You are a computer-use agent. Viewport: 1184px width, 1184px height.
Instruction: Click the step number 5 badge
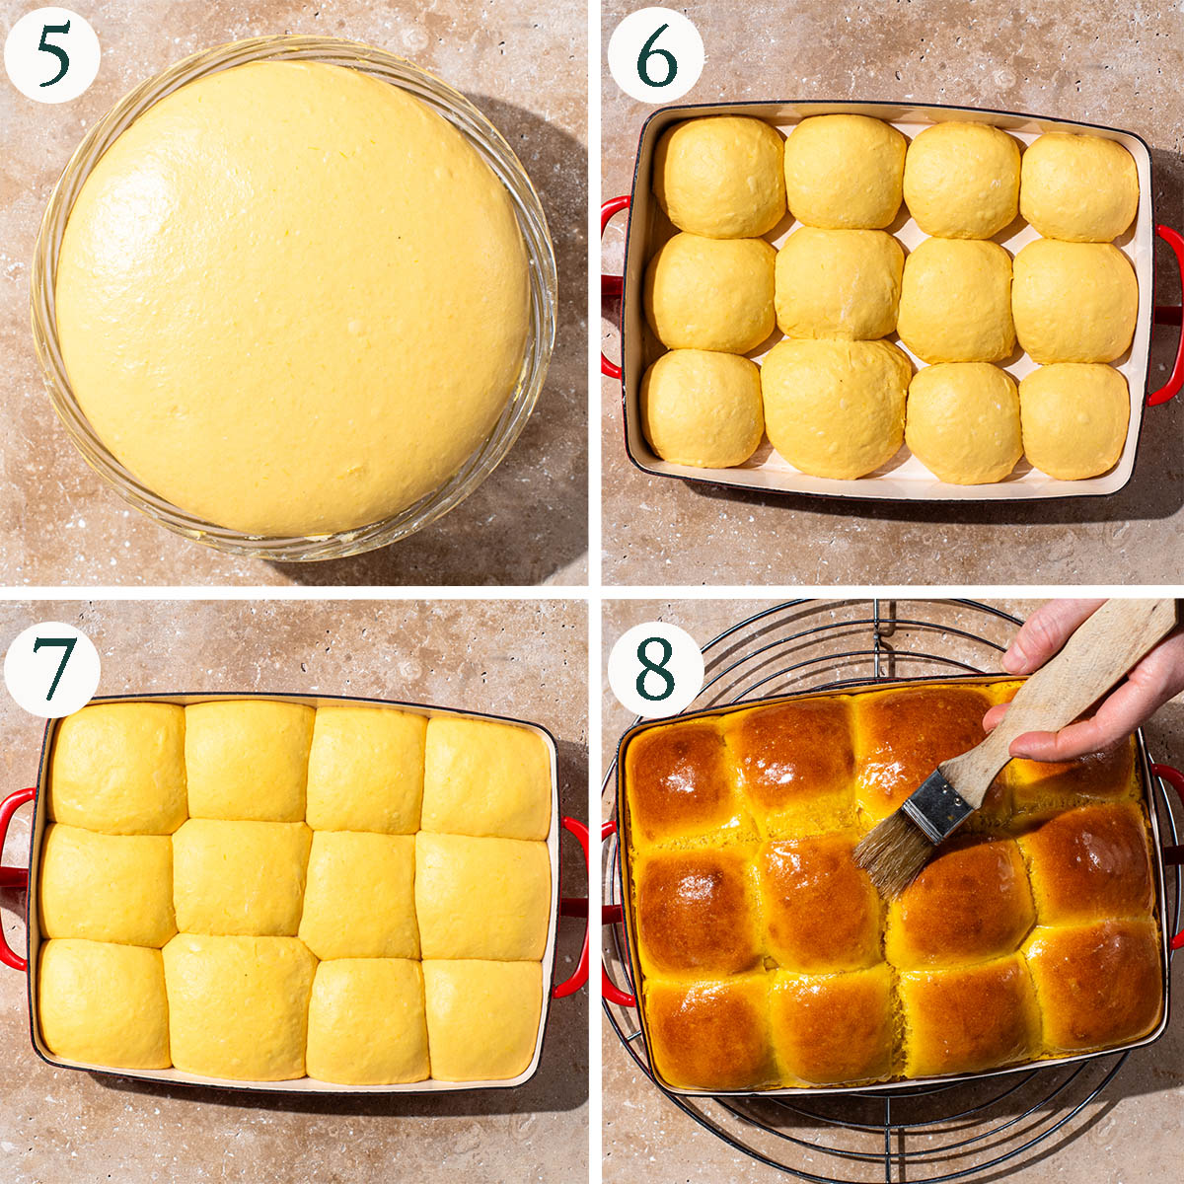tap(52, 56)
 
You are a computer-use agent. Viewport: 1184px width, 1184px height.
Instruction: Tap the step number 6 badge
tap(655, 56)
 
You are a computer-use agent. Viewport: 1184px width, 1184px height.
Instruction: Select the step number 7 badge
tap(52, 669)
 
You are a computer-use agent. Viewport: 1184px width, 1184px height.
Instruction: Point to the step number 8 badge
tap(655, 669)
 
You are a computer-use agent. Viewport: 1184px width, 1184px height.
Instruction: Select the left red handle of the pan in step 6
tap(612, 287)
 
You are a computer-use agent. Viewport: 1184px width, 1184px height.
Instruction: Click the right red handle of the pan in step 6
tap(1167, 315)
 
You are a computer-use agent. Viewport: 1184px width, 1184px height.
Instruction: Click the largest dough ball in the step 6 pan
tap(836, 407)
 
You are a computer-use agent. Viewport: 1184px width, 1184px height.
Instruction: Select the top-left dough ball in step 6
tap(719, 177)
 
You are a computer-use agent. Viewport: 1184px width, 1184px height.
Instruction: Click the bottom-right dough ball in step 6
tap(1074, 421)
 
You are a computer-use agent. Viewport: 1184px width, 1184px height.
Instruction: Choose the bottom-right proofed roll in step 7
tap(482, 1018)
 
